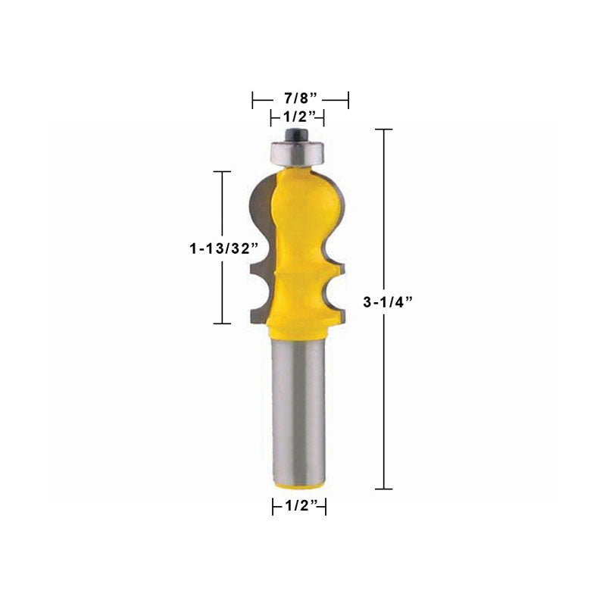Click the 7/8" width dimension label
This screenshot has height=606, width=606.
click(x=300, y=98)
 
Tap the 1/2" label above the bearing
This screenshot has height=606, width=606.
click(x=298, y=117)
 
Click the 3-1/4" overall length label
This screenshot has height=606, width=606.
click(x=388, y=301)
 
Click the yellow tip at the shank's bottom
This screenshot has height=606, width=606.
click(x=300, y=483)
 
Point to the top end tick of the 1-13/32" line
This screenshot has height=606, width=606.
click(x=222, y=172)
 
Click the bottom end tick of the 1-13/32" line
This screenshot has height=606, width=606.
click(x=222, y=323)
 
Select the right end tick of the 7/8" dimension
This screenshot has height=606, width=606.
click(x=348, y=98)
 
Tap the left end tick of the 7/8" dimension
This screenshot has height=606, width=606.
click(x=253, y=98)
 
